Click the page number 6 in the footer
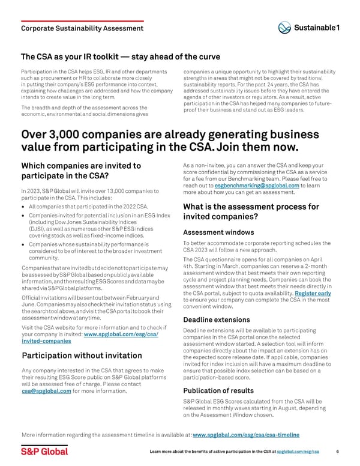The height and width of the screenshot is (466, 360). pos(338,451)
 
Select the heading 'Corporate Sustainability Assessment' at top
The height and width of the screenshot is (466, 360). pos(82,28)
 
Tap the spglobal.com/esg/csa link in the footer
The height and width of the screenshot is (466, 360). pos(302,451)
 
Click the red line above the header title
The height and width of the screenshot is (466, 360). pos(82,20)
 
